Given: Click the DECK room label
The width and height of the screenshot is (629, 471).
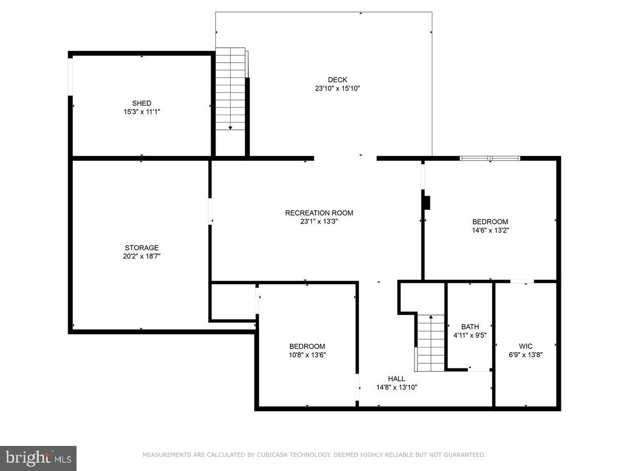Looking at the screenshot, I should click(x=338, y=80).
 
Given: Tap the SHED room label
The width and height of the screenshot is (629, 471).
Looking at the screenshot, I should click(x=142, y=103).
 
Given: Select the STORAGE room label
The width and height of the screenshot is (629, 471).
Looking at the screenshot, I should click(x=142, y=248).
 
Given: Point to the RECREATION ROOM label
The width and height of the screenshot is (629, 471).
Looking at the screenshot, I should click(x=319, y=213).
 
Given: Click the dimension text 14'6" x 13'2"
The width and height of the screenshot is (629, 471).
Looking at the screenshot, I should click(x=490, y=230).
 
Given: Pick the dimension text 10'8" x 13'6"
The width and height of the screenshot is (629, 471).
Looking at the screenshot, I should click(x=307, y=355).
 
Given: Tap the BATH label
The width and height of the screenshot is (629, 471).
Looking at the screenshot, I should click(x=470, y=327).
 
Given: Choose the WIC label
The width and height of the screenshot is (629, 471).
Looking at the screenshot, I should click(x=525, y=346).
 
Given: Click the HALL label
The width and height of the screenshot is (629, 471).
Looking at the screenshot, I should click(x=396, y=379).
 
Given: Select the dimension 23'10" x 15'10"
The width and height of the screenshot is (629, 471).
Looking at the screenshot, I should click(x=338, y=88).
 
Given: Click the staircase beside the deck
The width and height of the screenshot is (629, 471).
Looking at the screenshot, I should click(x=231, y=89).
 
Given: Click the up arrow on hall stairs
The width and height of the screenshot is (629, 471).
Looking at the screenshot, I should click(x=430, y=317).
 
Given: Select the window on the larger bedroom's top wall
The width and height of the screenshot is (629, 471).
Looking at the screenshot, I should click(x=490, y=158).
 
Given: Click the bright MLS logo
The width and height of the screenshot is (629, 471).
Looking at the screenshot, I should click(x=38, y=458).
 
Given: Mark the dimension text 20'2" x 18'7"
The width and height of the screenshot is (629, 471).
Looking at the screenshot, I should click(x=142, y=256).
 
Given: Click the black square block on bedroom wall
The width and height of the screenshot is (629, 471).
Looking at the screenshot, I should click(x=427, y=202).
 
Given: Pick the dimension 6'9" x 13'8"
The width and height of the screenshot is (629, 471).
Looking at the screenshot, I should click(x=525, y=354).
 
